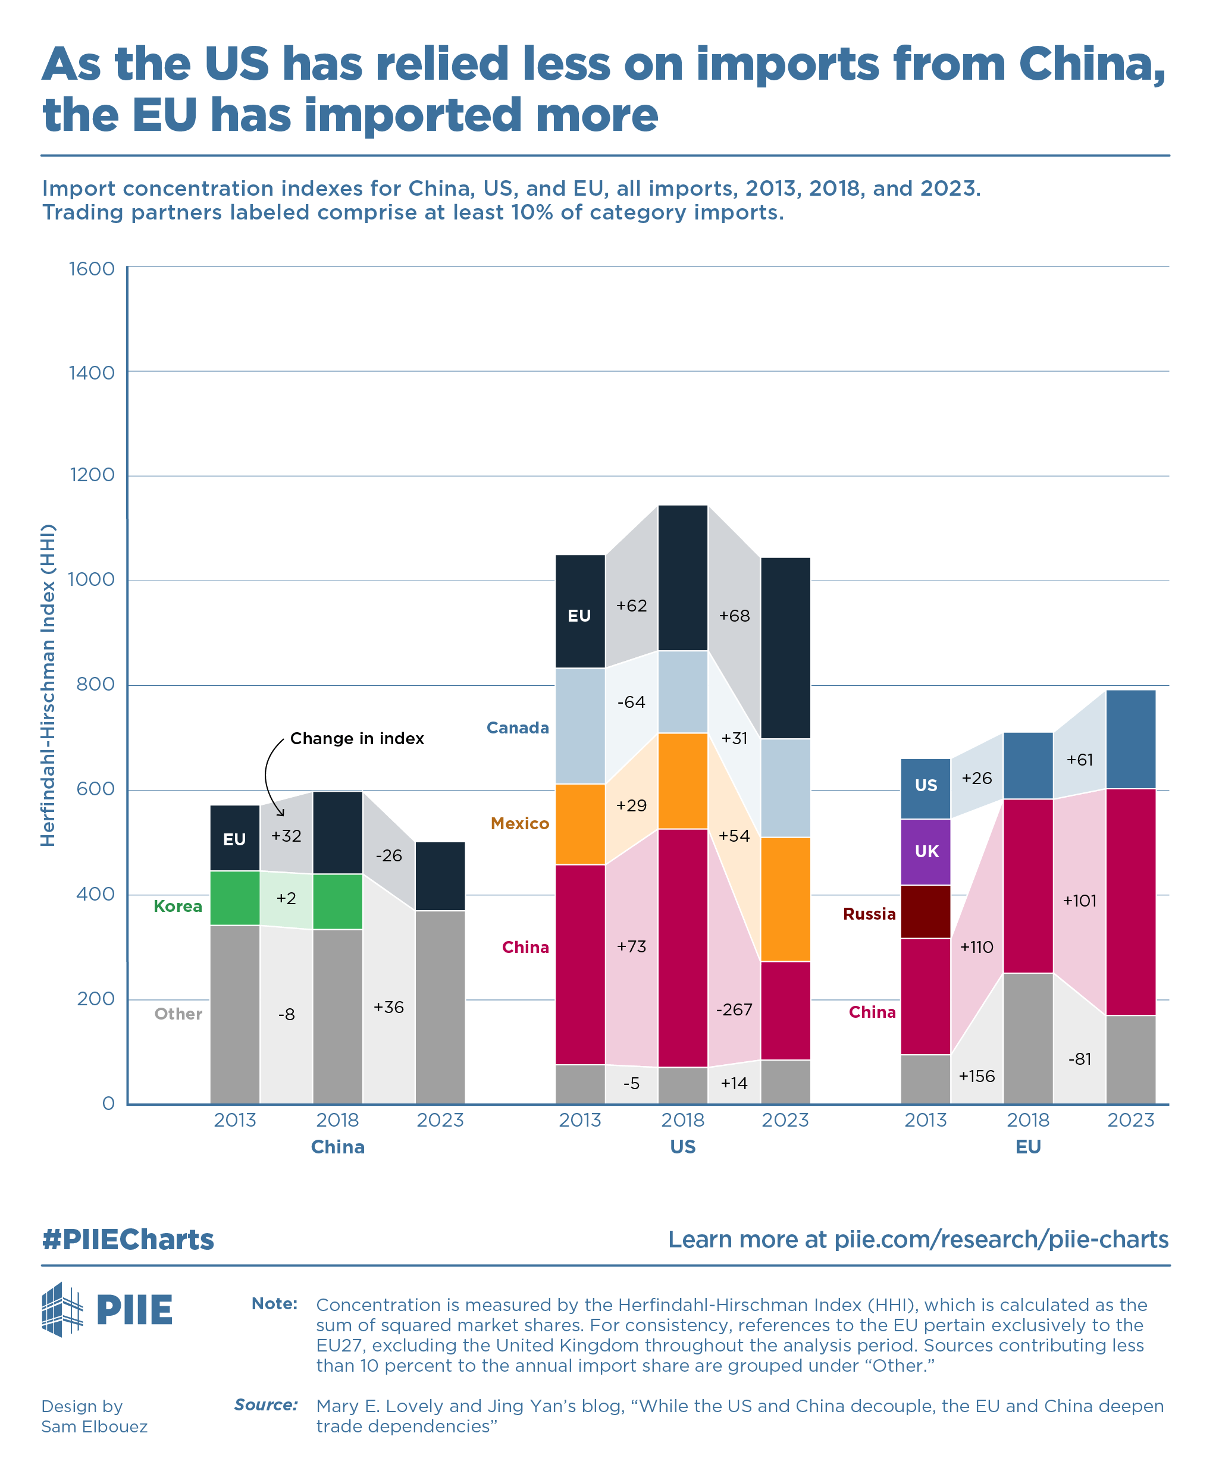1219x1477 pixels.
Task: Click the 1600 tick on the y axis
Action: (x=91, y=269)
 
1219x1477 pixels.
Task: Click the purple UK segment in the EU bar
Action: (x=926, y=852)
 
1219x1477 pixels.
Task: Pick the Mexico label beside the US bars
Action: (x=519, y=823)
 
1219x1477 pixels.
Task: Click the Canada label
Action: (x=518, y=728)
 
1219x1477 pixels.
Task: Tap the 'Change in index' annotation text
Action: (x=357, y=739)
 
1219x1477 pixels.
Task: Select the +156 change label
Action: (x=976, y=1076)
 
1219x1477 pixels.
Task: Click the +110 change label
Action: (x=976, y=947)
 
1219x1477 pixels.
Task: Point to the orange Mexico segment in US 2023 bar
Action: (x=785, y=899)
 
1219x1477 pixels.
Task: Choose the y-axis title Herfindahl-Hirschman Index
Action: (x=48, y=685)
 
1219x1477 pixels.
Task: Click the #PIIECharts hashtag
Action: (x=128, y=1240)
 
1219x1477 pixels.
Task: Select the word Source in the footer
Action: (x=265, y=1404)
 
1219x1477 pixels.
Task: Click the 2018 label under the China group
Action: (x=338, y=1119)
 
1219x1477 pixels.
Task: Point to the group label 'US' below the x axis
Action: (x=682, y=1147)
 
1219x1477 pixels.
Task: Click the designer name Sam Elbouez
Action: (x=94, y=1426)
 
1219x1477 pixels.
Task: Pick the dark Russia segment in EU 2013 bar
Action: (x=926, y=911)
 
